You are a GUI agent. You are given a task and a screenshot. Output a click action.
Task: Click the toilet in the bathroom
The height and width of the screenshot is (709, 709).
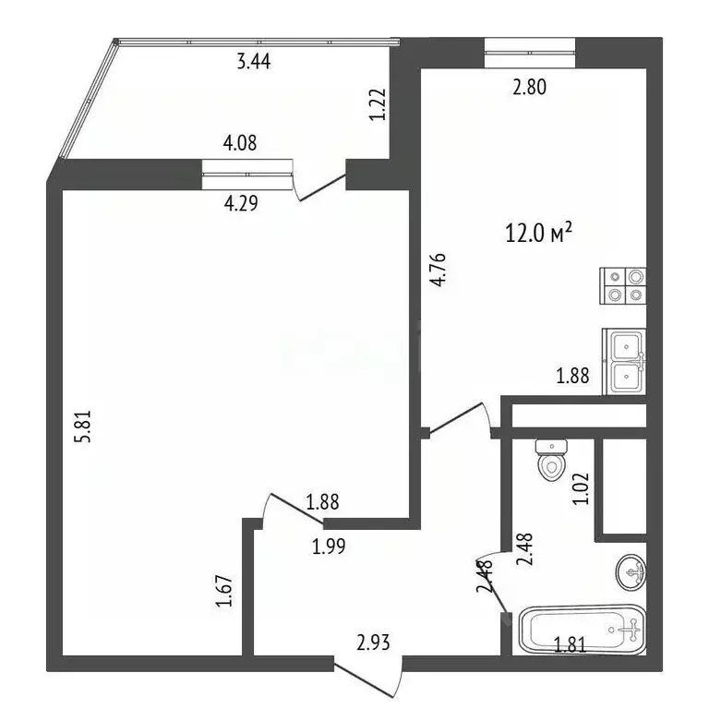[x=551, y=460]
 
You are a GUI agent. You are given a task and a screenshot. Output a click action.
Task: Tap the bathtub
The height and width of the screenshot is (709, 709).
[x=583, y=630]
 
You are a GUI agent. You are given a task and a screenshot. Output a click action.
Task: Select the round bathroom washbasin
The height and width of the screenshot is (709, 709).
[x=631, y=572]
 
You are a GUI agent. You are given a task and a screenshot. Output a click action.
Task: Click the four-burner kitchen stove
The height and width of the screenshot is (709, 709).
[x=623, y=286]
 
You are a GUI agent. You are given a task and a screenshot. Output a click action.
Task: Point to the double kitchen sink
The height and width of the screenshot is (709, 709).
[x=624, y=362]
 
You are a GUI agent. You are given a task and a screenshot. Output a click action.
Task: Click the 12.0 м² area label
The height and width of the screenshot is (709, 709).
[x=538, y=234]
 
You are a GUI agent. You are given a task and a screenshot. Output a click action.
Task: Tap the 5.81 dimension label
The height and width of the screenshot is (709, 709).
[x=84, y=426]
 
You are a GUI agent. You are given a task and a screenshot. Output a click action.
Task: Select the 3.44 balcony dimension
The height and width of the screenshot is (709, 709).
[x=254, y=62]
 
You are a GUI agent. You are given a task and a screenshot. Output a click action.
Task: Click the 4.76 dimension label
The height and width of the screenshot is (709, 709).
[x=439, y=270]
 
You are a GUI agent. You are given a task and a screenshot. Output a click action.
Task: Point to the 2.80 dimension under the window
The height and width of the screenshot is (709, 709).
[x=530, y=87]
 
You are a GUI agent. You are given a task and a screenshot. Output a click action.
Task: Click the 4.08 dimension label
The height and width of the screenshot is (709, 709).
[x=240, y=143]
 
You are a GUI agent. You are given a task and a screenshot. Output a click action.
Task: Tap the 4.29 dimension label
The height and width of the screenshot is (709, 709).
[x=241, y=203]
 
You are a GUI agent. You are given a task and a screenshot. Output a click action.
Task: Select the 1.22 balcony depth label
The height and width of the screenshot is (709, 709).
[x=378, y=104]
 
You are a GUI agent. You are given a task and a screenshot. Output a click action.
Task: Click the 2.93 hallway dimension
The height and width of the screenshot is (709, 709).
[x=373, y=643]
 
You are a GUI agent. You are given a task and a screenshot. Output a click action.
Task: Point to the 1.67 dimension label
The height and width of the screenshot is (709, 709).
[x=224, y=591]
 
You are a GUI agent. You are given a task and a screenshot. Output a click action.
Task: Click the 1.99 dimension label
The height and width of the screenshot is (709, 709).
[x=329, y=547]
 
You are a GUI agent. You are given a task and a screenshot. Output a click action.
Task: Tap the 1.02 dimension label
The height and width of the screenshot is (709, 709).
[x=581, y=488]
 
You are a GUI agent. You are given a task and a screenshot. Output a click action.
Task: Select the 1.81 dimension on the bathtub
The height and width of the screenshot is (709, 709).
[x=571, y=644]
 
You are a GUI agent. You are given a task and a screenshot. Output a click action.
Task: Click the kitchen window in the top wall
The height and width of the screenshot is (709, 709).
[x=530, y=53]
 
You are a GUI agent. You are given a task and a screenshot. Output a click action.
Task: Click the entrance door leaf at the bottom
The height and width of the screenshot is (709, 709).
[x=365, y=679]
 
